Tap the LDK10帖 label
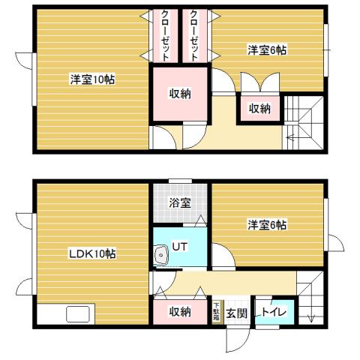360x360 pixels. [x=92, y=253]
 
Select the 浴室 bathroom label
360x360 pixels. [x=179, y=202]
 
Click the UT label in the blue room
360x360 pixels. [x=180, y=246]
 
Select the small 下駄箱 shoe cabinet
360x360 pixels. [x=217, y=312]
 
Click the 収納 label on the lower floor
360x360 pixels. [x=179, y=312]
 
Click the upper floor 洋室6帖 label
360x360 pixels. [x=267, y=50]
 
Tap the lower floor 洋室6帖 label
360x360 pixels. [x=267, y=224]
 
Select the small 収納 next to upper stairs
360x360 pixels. [x=259, y=109]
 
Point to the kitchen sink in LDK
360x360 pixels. [x=79, y=314]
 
